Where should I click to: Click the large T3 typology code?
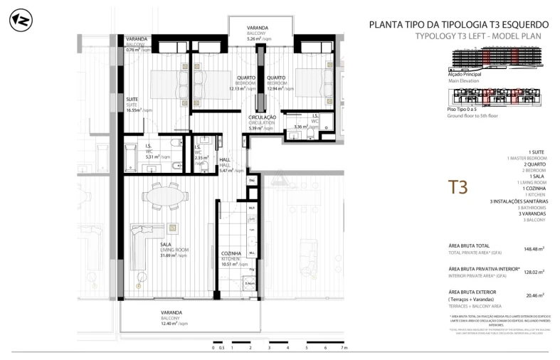pyautogui.click(x=458, y=187)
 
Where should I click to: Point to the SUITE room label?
pyautogui.click(x=132, y=99)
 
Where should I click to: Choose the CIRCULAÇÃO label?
pyautogui.click(x=263, y=117)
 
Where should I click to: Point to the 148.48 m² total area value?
pyautogui.click(x=533, y=249)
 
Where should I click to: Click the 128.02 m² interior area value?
pyautogui.click(x=533, y=272)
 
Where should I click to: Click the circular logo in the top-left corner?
pyautogui.click(x=19, y=21)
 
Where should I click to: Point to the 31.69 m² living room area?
pyautogui.click(x=173, y=255)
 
